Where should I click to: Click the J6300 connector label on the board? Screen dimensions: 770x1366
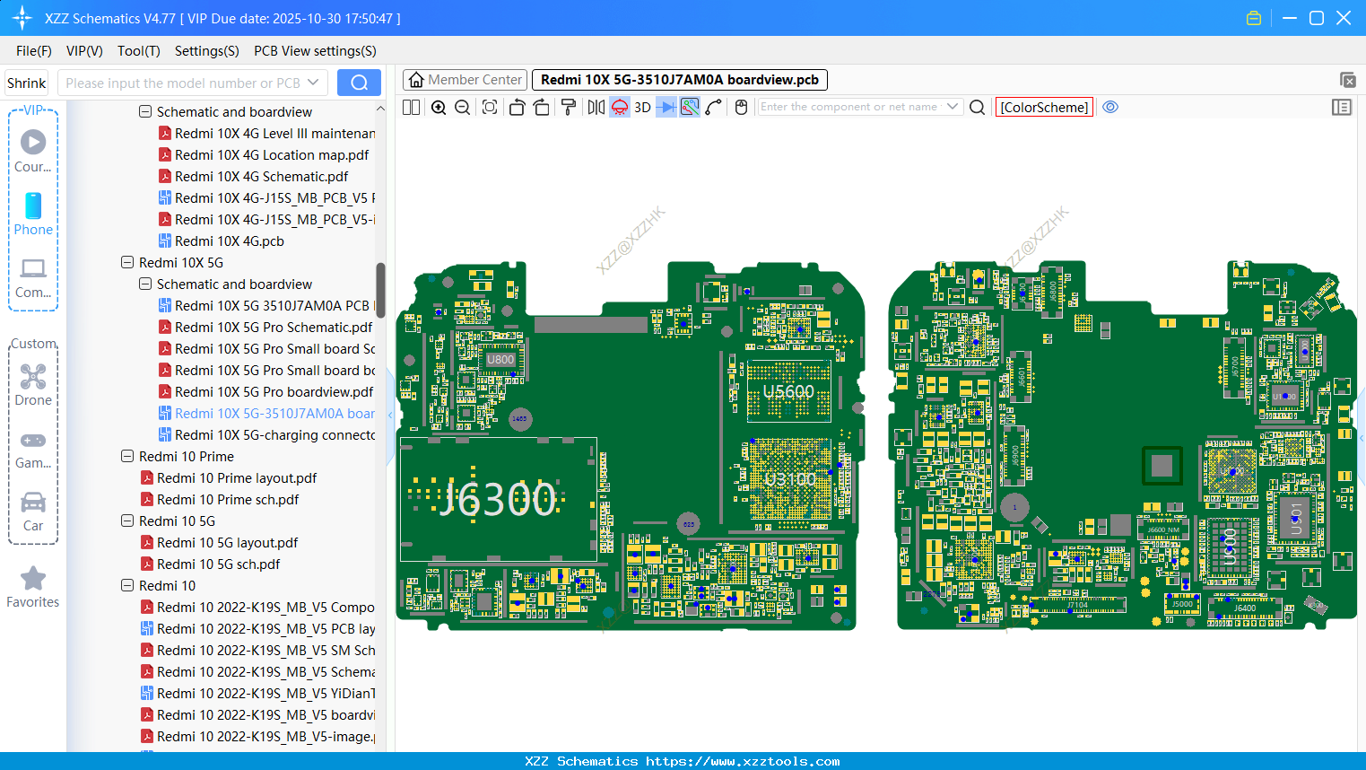tap(498, 499)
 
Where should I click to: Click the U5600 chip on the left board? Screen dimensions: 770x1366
tap(788, 392)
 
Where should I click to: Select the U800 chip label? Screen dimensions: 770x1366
tap(500, 360)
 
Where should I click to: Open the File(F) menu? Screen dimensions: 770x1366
tap(34, 51)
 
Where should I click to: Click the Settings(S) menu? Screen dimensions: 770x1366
tap(206, 51)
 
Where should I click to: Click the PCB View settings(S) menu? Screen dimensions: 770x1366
tap(315, 51)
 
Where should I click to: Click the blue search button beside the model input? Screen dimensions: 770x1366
tap(359, 83)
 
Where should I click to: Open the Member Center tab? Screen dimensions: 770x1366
tap(465, 80)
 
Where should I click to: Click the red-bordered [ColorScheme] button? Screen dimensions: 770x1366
tap(1044, 107)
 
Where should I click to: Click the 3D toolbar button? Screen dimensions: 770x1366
tap(642, 107)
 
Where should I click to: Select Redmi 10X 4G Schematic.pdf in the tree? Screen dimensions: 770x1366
tap(261, 177)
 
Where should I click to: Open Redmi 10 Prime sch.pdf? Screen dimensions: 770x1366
tap(228, 500)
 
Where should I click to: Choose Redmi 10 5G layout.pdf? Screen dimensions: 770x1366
tap(227, 543)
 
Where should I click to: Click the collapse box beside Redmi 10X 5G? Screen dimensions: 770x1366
tap(127, 263)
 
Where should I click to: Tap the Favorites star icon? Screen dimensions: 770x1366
tap(33, 579)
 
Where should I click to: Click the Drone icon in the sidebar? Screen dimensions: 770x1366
tap(33, 377)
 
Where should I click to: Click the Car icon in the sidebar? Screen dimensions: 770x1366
tap(33, 503)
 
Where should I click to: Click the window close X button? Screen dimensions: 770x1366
tap(1343, 18)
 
